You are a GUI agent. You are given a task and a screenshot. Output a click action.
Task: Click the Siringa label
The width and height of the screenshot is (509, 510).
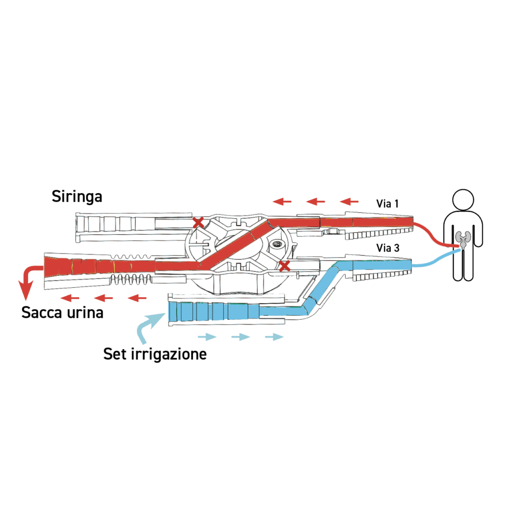pyautogui.click(x=77, y=196)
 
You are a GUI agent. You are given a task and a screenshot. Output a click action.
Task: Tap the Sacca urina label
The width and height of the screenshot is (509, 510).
pyautogui.click(x=62, y=313)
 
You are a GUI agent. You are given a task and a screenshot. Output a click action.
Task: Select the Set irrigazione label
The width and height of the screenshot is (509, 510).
pyautogui.click(x=155, y=354)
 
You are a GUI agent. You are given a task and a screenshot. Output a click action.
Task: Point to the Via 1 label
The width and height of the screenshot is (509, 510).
pyautogui.click(x=387, y=203)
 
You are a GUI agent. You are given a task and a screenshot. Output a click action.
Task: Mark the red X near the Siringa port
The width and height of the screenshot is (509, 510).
pyautogui.click(x=198, y=223)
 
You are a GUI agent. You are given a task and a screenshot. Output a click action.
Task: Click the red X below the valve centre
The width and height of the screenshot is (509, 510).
pyautogui.click(x=285, y=266)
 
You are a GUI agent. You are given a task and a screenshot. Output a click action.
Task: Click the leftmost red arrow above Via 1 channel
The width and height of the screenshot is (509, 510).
pyautogui.click(x=282, y=202)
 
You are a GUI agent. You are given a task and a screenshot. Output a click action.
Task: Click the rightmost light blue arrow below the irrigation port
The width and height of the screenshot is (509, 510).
pyautogui.click(x=274, y=337)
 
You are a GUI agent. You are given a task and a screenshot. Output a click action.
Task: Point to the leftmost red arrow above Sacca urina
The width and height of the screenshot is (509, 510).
pyautogui.click(x=70, y=298)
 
